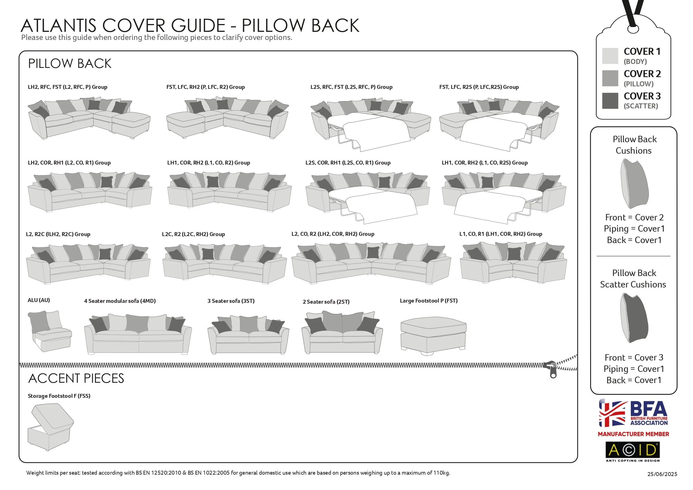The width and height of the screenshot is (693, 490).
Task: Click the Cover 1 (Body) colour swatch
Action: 610,56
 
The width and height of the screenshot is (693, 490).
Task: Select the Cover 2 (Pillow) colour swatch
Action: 610,78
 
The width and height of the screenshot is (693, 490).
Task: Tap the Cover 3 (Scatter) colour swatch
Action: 610,101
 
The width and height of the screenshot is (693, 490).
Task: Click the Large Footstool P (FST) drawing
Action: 433,336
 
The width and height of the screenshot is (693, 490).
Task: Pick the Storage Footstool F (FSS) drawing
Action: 50,427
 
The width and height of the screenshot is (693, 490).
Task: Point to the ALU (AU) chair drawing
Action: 49,330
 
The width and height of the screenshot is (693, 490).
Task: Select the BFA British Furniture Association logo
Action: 633,414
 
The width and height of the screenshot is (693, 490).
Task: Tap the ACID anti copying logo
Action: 633,451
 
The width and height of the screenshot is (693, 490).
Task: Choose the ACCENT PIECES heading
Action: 76,379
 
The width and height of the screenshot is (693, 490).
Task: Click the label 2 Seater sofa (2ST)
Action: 326,302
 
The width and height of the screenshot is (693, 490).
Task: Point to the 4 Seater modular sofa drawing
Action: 138,334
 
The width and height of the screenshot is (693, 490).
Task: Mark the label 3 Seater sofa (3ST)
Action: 231,301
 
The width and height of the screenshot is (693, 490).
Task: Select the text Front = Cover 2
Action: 634,217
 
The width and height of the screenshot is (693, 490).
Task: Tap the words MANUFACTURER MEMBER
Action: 633,434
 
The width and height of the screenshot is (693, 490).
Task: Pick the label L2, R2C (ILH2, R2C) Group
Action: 58,234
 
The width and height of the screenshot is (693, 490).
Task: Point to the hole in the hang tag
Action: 633,29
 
